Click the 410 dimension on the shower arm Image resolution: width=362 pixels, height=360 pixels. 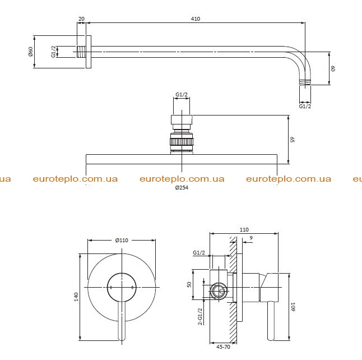(196, 19)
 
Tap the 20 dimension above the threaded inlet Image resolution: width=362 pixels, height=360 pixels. (81, 19)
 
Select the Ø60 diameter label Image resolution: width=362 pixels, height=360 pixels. (31, 52)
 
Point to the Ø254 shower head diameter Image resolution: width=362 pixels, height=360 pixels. (182, 188)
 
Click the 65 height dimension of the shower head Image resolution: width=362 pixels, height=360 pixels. (293, 140)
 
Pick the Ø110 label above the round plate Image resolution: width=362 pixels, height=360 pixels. (122, 241)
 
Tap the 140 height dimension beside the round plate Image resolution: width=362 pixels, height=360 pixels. (76, 297)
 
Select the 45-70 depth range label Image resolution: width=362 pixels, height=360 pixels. (223, 347)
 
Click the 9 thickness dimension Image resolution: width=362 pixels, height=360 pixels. (251, 238)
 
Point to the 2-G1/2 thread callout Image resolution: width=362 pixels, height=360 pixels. (200, 316)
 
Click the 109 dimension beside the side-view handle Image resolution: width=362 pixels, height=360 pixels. (293, 307)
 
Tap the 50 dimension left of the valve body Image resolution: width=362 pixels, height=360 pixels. (189, 284)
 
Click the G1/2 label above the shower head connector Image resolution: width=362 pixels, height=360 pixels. (182, 94)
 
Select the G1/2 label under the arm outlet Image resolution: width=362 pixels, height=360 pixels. (305, 106)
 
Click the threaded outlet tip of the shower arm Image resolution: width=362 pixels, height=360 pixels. (305, 82)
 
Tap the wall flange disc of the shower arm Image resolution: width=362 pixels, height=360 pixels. (89, 52)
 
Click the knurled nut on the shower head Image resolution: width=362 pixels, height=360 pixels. (182, 141)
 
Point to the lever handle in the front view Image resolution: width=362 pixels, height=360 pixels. (122, 321)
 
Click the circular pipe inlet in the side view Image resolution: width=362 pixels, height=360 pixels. (219, 290)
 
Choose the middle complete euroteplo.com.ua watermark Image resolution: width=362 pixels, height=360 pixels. (182, 179)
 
